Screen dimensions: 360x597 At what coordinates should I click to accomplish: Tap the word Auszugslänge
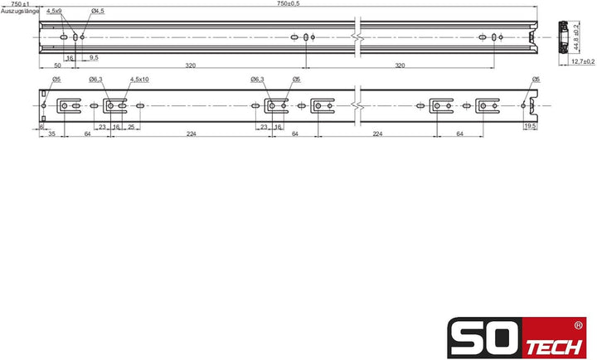click(16, 12)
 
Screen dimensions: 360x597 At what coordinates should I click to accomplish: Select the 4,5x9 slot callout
click(53, 12)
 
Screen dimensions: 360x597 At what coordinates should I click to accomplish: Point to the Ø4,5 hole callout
click(97, 12)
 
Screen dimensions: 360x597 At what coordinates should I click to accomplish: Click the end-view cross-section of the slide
click(563, 37)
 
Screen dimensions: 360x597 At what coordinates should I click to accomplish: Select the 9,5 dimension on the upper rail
click(94, 57)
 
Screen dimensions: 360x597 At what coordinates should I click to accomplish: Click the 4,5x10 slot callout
click(138, 80)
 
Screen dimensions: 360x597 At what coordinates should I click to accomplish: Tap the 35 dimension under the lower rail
click(51, 134)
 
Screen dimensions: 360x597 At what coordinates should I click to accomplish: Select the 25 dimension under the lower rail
click(132, 126)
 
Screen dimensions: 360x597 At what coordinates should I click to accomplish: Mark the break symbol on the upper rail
click(357, 37)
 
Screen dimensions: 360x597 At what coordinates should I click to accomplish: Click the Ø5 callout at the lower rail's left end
click(56, 80)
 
